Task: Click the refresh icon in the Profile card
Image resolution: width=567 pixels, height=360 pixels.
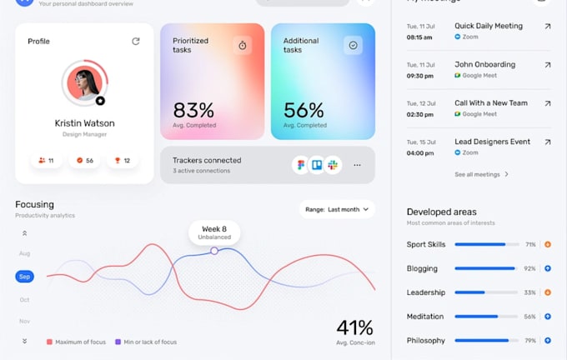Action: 136,41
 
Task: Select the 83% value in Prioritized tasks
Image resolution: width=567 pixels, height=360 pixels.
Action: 193,110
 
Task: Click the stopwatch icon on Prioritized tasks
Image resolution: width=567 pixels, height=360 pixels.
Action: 243,45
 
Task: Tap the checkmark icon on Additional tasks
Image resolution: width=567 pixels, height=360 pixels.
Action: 353,45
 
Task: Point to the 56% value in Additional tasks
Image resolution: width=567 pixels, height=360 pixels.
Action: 304,110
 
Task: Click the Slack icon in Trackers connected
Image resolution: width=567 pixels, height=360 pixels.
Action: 333,165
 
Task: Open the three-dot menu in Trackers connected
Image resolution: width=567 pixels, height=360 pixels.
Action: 357,165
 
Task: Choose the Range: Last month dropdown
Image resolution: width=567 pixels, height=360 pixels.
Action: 337,209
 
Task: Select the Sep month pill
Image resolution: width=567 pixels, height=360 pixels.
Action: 25,277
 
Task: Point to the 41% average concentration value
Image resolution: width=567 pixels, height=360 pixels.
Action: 354,327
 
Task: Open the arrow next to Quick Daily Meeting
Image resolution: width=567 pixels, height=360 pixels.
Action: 547,27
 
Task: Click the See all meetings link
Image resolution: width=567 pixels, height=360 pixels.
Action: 481,174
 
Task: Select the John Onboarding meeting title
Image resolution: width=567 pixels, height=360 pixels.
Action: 484,64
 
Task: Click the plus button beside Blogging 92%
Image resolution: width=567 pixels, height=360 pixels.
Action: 548,268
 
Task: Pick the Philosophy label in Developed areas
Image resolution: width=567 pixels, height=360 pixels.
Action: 425,340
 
